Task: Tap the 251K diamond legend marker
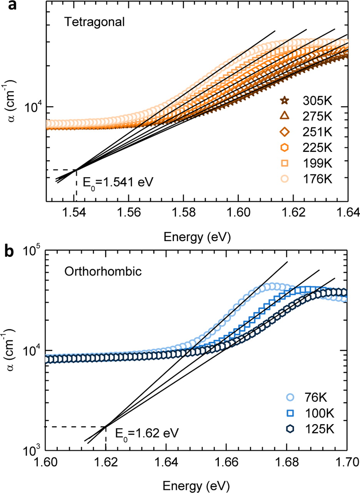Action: pyautogui.click(x=285, y=132)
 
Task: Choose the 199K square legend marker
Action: pyautogui.click(x=285, y=163)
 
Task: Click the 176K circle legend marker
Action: pyautogui.click(x=285, y=178)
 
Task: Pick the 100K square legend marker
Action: pyautogui.click(x=290, y=413)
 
